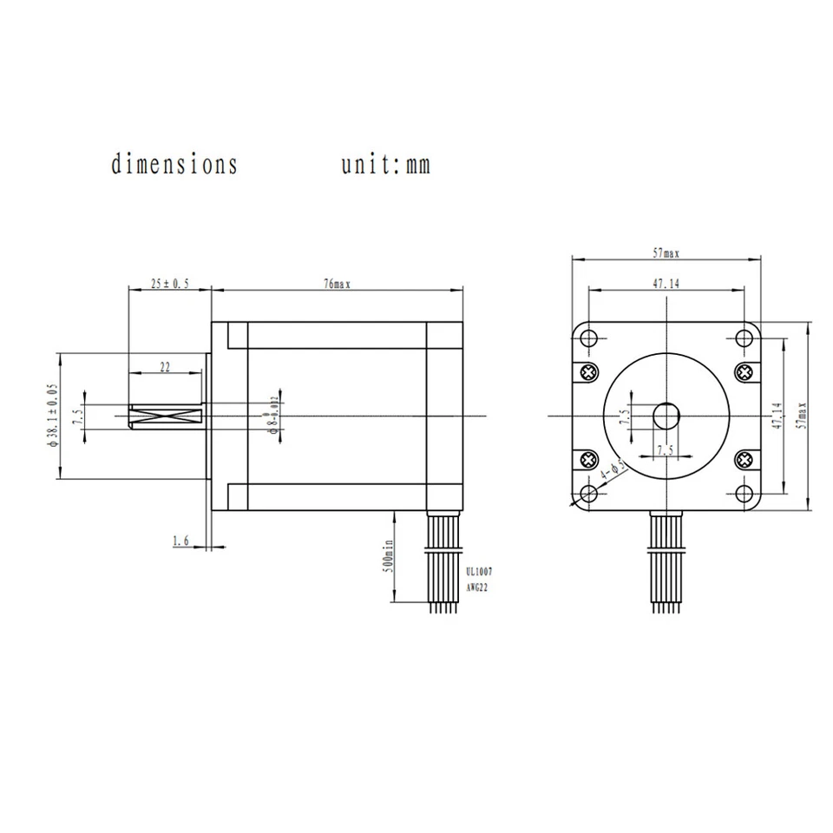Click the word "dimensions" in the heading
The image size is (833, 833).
tap(174, 164)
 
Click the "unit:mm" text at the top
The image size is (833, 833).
tap(384, 164)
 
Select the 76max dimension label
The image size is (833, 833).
tap(336, 284)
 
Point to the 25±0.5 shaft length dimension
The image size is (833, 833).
tap(169, 284)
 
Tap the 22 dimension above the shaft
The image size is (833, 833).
tap(165, 367)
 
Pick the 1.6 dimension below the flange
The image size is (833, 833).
tap(180, 541)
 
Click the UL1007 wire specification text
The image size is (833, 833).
tap(479, 572)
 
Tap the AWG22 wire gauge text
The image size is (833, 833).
tap(478, 587)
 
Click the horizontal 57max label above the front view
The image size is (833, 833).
tap(666, 253)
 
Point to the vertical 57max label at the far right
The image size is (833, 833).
tap(803, 416)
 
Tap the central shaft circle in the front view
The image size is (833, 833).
tap(666, 416)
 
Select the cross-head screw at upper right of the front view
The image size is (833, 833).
tap(744, 372)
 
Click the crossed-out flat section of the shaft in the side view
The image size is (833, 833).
tap(165, 416)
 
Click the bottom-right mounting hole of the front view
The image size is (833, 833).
tap(744, 494)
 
